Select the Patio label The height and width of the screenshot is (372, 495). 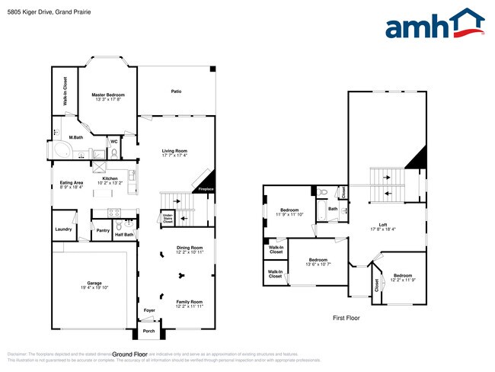coord(176,91)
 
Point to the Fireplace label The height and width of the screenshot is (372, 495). coord(206,189)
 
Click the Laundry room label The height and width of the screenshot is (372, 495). coord(63,229)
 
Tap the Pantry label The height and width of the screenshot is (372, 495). coord(103,229)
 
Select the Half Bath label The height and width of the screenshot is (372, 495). coord(124,234)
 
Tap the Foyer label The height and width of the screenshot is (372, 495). coord(150,310)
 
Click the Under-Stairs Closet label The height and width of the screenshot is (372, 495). coord(168,219)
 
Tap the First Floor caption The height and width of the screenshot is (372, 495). coord(346,318)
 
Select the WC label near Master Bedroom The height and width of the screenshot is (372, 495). coord(113,141)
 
